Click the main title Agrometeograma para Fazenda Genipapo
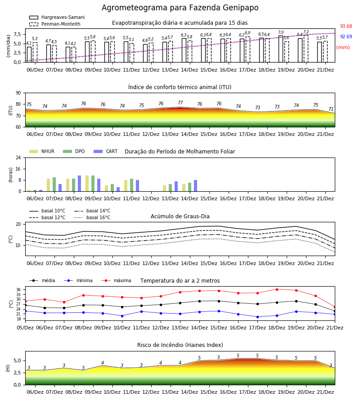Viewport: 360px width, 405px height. coord(180,8)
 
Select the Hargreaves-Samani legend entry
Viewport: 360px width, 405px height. coord(57,17)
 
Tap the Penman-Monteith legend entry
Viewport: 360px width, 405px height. coord(55,24)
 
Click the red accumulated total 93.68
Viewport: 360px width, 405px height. coord(346,27)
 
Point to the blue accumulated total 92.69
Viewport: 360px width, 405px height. coord(346,37)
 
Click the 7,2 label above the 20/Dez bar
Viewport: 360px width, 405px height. coord(306,32)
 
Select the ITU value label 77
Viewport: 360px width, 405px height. coord(180,103)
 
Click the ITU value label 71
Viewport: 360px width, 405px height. coord(331,109)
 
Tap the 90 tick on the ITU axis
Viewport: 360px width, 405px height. coord(18,93)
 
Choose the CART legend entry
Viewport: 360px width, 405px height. coord(106,151)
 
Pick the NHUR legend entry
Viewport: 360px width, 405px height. coord(42,151)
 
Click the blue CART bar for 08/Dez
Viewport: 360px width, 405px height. coord(80,184)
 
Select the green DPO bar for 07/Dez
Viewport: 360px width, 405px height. coord(54,184)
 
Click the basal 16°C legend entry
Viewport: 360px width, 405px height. coord(92,217)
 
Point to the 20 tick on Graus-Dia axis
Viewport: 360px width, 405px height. coord(18,224)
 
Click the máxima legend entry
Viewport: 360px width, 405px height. coord(116,280)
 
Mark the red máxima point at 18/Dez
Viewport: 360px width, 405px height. coord(277,289)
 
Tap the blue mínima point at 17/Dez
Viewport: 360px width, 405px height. coord(257,317)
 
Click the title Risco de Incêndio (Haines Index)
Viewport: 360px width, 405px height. coord(180,345)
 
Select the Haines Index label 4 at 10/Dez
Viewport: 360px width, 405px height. coord(103,363)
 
